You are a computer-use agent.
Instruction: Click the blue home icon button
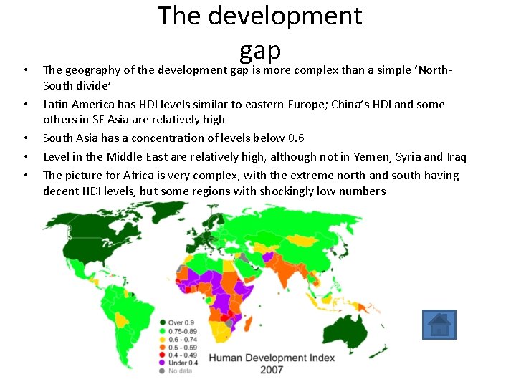439,325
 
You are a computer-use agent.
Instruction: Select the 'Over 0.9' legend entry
180,322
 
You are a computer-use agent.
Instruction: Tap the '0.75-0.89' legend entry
182,330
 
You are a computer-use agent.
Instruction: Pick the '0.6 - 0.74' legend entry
183,338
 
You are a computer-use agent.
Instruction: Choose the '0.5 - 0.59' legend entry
183,346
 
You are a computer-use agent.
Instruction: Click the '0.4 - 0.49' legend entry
183,354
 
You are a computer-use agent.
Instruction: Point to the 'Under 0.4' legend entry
182,363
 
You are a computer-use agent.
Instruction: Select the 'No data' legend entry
180,371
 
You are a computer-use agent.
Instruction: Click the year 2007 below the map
272,370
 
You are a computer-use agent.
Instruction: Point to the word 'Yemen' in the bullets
368,156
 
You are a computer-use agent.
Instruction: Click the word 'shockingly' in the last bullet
300,191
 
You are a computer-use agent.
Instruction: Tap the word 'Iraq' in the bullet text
456,156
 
